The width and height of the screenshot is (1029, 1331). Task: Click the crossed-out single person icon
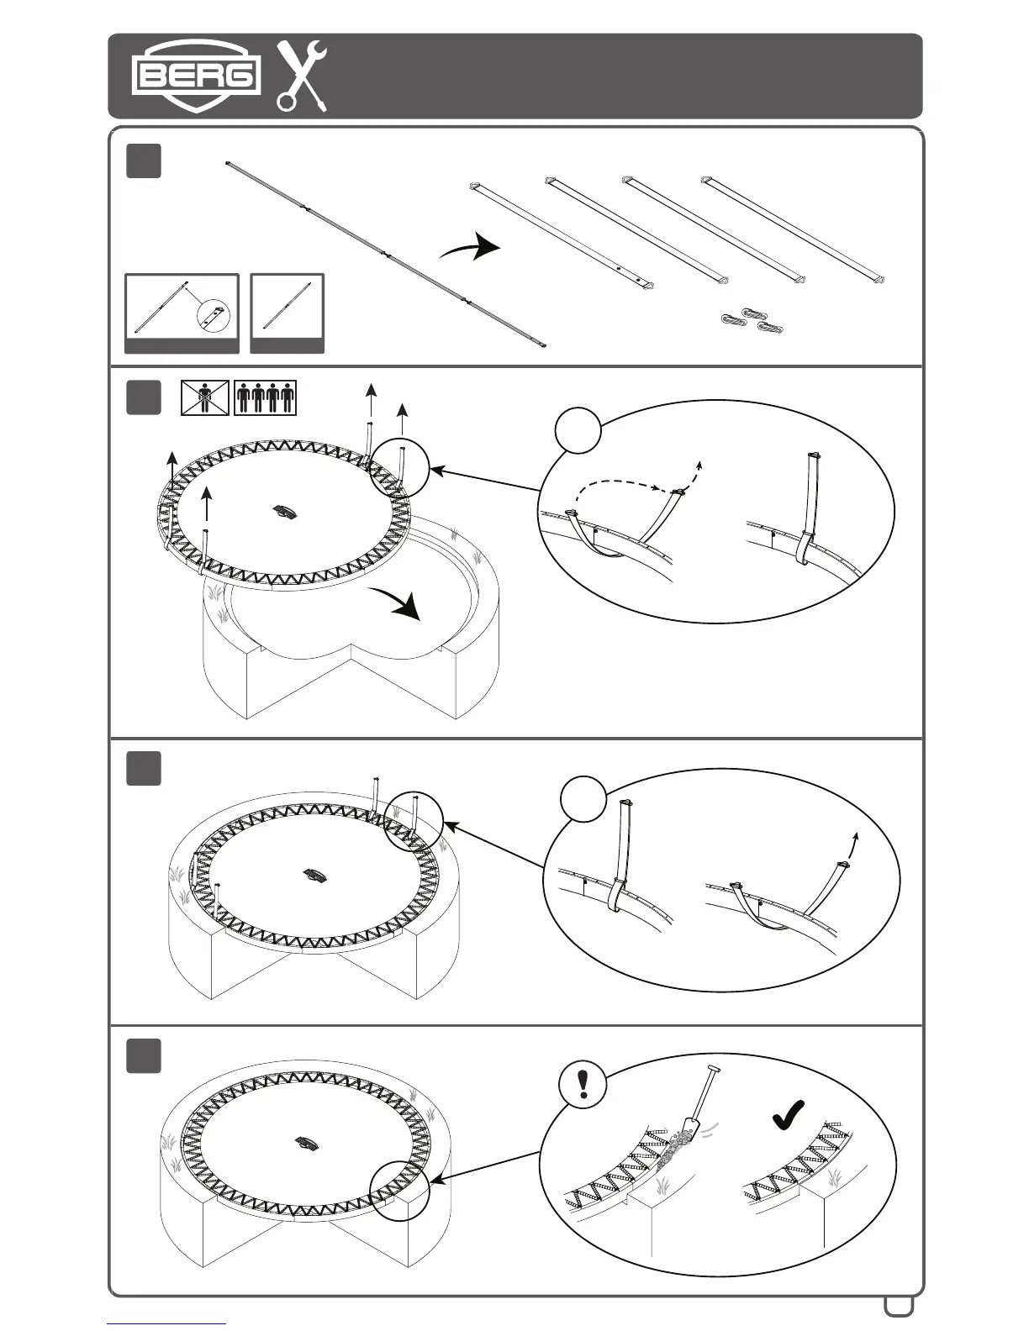[206, 397]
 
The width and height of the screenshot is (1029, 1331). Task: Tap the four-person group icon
[266, 397]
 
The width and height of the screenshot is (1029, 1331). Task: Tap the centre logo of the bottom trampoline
[307, 1144]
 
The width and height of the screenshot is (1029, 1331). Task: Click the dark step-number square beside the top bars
[144, 161]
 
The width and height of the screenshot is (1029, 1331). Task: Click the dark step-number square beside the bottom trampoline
[144, 1056]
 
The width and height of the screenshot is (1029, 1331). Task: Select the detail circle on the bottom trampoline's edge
[400, 1188]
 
